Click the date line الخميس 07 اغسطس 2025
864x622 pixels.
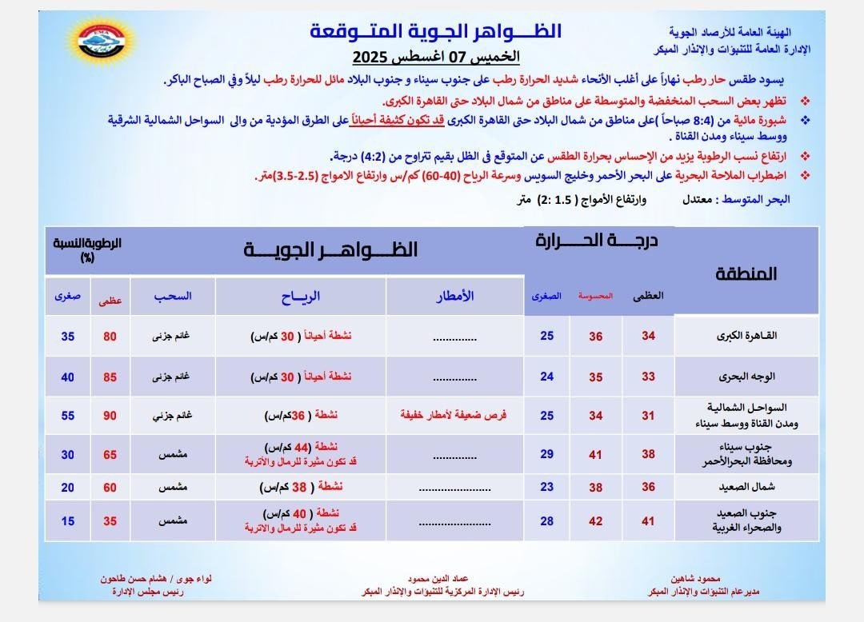437,58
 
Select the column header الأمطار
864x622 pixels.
454,296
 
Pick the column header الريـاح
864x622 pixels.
301,296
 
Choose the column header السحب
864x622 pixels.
173,296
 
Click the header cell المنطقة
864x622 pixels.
746,273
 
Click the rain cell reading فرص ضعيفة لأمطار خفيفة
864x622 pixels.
454,416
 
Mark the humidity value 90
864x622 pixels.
110,416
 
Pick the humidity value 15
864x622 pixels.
68,521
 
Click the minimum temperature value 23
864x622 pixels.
546,486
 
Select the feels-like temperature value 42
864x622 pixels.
596,521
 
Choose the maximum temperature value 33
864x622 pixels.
648,377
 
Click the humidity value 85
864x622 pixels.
110,377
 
